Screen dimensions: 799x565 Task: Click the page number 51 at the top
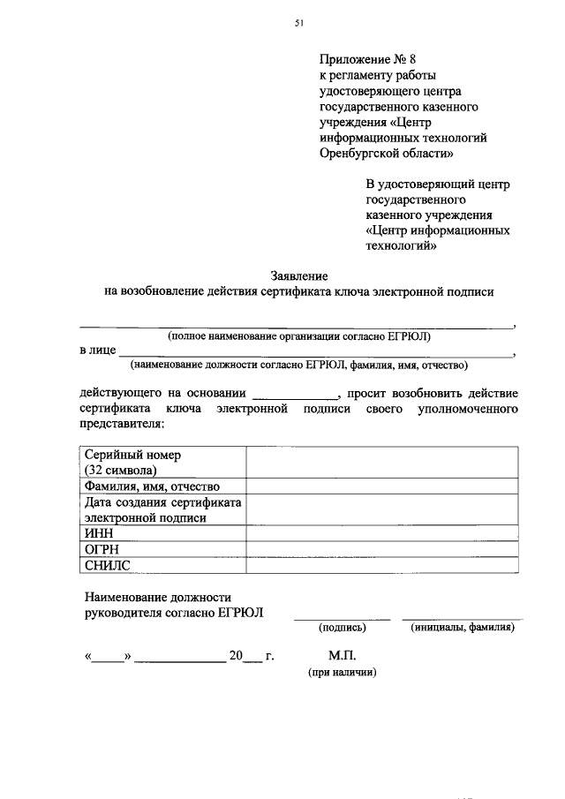point(298,26)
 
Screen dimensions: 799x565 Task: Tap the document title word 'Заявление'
point(298,275)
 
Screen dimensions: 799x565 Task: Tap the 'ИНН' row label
point(98,533)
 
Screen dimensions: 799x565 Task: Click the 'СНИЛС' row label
point(107,565)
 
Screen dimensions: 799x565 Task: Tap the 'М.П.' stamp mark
point(342,656)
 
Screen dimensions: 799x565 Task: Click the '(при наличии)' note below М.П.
point(342,673)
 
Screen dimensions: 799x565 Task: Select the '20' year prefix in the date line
point(236,656)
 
